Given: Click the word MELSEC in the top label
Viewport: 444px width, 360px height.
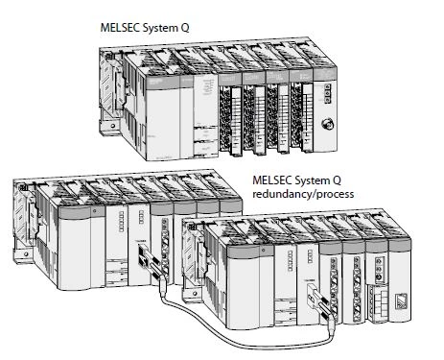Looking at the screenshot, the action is click(120, 28).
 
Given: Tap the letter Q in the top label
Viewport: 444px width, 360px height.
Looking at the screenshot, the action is click(185, 28).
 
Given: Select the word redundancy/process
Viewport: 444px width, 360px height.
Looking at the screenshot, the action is click(303, 194).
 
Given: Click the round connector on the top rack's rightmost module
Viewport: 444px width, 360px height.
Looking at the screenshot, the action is click(327, 123).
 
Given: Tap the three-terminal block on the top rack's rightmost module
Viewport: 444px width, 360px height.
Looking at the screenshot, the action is click(327, 93).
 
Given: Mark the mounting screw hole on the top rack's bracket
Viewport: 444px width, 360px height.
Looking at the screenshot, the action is click(113, 126).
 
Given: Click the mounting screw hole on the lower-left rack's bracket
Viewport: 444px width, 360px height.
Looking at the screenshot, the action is click(26, 254).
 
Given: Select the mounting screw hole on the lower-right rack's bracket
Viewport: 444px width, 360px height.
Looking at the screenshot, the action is click(195, 294).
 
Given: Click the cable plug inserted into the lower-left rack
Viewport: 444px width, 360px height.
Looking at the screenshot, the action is click(151, 261).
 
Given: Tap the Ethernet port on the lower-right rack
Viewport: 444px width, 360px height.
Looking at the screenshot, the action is click(401, 300).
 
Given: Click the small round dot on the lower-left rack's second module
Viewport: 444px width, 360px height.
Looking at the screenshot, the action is click(94, 211).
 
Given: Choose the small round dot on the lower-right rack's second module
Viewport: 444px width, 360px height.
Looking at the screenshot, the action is click(263, 251).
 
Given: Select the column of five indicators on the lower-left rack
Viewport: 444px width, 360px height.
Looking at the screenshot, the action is click(121, 221).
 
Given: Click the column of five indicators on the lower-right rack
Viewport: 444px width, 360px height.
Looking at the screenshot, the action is click(290, 261).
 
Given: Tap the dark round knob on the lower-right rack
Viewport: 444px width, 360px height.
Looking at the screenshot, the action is click(379, 277).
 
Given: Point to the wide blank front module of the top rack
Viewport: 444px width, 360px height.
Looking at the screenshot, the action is click(162, 123).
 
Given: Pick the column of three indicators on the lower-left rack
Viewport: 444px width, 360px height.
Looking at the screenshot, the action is click(141, 217).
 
